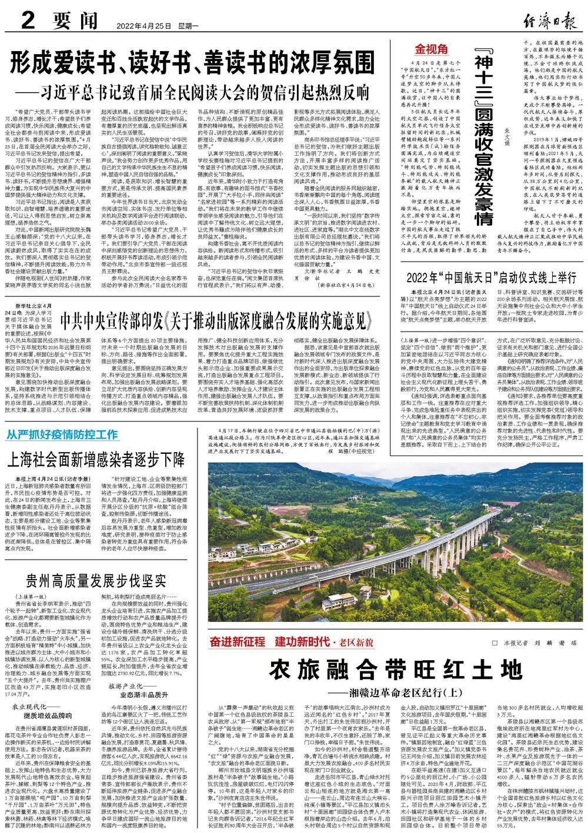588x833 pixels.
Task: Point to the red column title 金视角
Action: pos(432,49)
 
